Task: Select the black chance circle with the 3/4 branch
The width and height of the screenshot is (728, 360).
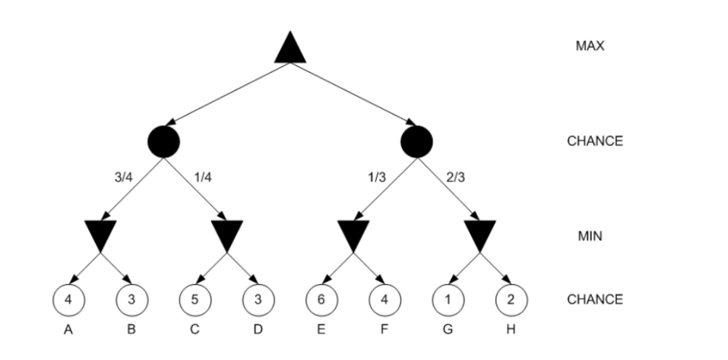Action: click(164, 141)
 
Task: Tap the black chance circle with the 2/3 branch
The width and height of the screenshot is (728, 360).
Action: click(416, 141)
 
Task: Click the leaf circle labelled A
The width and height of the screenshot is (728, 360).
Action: click(68, 299)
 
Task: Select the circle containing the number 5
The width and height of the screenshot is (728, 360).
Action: click(195, 299)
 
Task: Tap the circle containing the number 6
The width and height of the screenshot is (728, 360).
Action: click(321, 299)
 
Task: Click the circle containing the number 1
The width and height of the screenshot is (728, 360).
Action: click(448, 299)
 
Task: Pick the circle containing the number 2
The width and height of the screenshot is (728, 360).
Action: click(511, 299)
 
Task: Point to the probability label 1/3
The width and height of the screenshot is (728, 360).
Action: click(375, 178)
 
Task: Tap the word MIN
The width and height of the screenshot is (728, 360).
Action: click(590, 236)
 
